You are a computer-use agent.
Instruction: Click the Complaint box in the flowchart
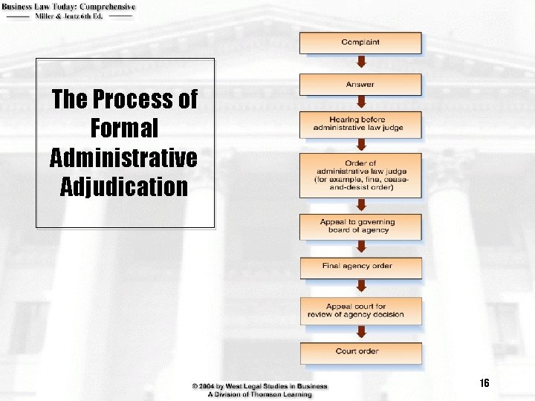(360, 42)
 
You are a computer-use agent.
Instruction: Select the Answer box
(360, 84)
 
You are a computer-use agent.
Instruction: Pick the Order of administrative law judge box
(360, 175)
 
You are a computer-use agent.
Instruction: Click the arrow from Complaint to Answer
(360, 64)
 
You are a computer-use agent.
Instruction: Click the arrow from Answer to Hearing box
(360, 103)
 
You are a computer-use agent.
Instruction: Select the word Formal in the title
(124, 128)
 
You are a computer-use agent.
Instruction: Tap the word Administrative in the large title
(124, 157)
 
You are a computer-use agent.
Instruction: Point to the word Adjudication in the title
(124, 186)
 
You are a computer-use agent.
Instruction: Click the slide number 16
(484, 383)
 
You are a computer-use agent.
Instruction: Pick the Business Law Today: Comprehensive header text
(68, 7)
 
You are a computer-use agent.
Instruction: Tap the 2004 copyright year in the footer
(214, 386)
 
